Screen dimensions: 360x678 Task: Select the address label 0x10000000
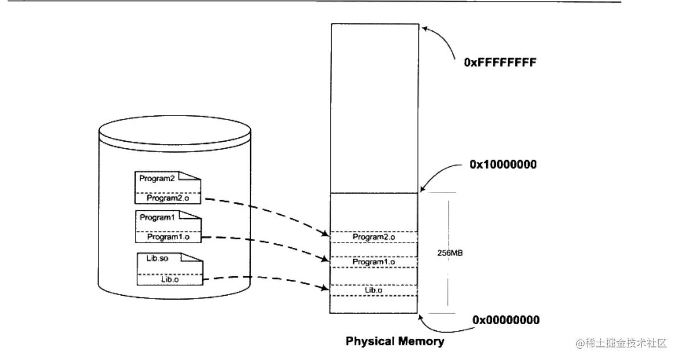tap(504, 164)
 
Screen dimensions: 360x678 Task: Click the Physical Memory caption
tap(395, 342)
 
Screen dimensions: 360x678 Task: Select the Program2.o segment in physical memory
tap(374, 236)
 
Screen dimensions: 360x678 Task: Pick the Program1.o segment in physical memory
tap(374, 261)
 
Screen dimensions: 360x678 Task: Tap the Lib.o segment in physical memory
tap(374, 291)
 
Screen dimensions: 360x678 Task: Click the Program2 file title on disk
tap(156, 178)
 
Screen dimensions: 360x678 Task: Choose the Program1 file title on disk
tap(156, 218)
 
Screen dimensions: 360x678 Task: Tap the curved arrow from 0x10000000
tap(442, 174)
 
